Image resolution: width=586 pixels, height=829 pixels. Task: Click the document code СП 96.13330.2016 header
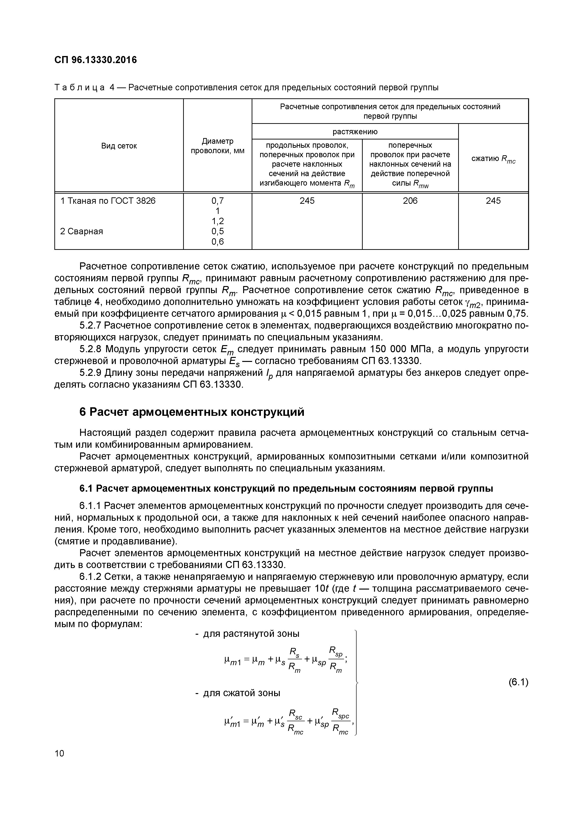coord(96,60)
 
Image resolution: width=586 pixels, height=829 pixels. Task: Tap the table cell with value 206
coord(410,201)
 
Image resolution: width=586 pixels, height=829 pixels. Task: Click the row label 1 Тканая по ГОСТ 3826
coord(108,201)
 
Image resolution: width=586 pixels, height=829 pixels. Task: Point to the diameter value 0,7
coord(218,201)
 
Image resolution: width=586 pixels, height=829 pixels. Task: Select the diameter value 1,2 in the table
coord(218,221)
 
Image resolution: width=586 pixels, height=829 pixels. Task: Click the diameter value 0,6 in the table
coord(218,242)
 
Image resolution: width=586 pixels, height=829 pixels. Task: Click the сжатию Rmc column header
coord(493,159)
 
